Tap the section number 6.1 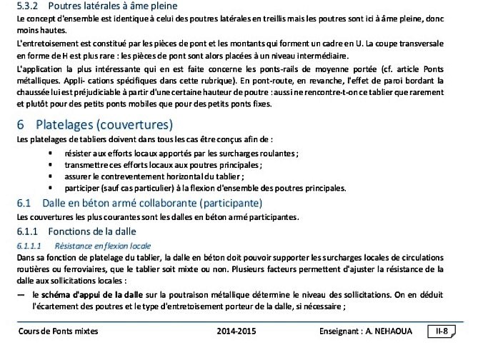(x=24, y=202)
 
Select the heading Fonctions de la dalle (x=91, y=231)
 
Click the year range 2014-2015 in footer (x=236, y=331)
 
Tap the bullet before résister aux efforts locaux (x=50, y=153)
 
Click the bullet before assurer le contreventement (x=50, y=176)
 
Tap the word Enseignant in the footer (x=341, y=331)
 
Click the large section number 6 (x=20, y=124)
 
